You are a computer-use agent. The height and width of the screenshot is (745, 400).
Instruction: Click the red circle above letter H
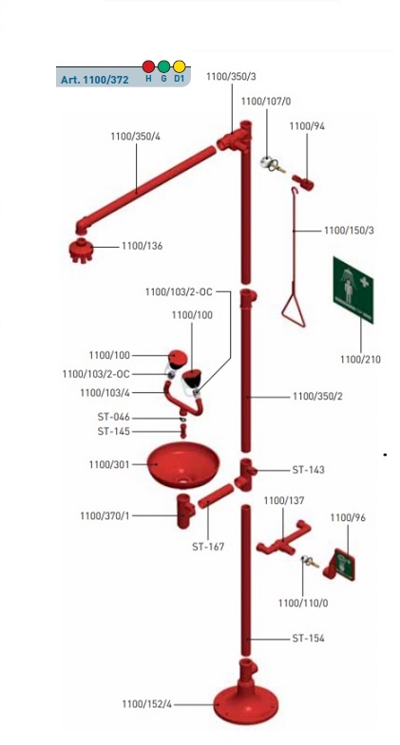[148, 66]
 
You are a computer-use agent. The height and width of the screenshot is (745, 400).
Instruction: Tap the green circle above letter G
[163, 66]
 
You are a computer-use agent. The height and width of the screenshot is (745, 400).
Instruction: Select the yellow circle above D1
[179, 66]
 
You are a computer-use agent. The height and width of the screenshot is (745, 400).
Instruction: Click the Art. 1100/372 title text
[95, 80]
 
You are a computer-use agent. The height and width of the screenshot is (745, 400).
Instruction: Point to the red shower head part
[80, 250]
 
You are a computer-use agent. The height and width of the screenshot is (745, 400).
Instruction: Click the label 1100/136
[142, 246]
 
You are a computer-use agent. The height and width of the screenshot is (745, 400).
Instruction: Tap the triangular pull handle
[294, 311]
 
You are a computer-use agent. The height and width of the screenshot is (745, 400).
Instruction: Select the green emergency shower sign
[352, 289]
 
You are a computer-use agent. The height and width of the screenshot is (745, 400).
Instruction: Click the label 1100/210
[360, 360]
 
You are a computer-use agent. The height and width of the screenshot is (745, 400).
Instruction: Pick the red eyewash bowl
[183, 464]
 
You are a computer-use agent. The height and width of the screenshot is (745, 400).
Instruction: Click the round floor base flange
[246, 705]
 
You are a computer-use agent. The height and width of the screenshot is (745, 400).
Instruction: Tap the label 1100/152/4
[146, 704]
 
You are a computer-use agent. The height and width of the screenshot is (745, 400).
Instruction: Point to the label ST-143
[308, 470]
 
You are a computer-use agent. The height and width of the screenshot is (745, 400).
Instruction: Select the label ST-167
[208, 547]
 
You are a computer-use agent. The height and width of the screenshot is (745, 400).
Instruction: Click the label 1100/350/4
[136, 137]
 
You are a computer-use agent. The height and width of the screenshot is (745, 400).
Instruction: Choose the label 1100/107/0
[266, 102]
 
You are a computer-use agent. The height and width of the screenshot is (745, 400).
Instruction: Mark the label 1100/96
[348, 517]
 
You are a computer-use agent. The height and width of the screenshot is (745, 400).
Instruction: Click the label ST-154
[308, 638]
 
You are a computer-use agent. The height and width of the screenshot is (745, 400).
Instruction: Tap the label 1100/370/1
[105, 516]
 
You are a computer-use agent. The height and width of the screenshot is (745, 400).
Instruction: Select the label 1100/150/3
[349, 231]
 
